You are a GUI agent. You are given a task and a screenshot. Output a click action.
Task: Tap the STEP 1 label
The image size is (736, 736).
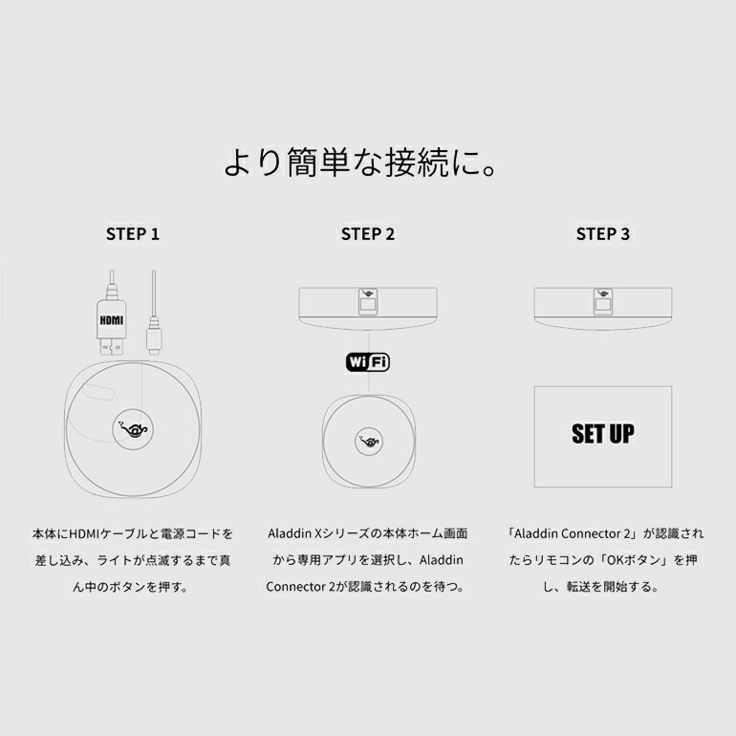coord(133,233)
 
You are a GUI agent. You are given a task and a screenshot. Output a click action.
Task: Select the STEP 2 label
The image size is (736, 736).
coord(368,233)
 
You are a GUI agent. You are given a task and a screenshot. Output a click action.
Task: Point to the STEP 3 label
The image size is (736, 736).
coord(602,233)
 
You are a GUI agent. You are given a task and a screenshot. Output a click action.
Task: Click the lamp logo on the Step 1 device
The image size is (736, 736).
coord(133,429)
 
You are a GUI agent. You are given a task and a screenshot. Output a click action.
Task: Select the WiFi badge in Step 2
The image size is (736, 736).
coord(368,362)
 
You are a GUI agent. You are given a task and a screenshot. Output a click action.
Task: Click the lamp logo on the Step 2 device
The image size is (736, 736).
coord(368,440)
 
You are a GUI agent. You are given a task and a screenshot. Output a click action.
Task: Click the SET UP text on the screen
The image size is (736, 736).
coord(602,434)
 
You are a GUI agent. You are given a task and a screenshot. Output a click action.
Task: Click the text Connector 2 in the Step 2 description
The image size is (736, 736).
coord(298,587)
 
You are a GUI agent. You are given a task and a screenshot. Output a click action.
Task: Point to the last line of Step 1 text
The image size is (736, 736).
coord(133,587)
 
